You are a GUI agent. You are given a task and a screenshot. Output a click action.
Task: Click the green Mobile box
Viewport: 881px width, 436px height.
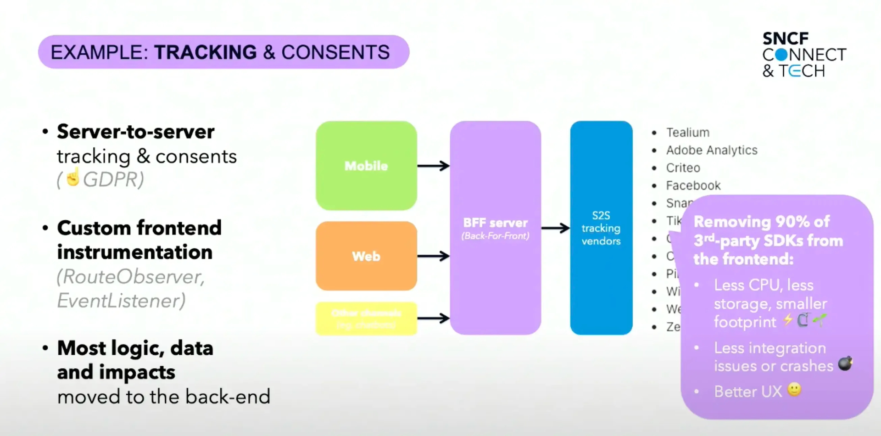coord(366,166)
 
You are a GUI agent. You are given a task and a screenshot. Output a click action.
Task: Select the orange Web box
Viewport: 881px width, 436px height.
coord(366,256)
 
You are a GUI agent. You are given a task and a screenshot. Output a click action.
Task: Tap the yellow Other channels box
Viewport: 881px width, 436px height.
coord(366,319)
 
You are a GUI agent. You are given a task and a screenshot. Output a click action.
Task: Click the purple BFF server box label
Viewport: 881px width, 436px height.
coord(495,224)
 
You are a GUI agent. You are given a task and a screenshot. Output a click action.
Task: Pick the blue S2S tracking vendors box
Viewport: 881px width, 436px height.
coord(601,228)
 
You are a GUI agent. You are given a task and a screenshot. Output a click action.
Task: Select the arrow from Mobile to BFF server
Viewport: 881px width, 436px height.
coord(433,166)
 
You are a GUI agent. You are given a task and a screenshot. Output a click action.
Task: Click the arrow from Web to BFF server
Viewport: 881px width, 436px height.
coord(433,256)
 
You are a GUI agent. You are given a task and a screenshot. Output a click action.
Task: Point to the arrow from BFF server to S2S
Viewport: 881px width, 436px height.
coord(555,228)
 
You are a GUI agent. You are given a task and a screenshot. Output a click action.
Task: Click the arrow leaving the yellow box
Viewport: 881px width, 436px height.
coord(433,318)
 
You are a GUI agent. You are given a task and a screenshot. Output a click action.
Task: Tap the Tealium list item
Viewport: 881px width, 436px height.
coord(687,133)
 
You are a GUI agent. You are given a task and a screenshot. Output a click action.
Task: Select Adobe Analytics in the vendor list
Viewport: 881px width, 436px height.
coord(711,151)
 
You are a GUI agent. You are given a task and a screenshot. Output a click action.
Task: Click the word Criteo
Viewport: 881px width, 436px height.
coord(683,168)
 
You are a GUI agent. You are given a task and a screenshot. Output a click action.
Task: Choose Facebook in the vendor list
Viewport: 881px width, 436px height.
coord(693,186)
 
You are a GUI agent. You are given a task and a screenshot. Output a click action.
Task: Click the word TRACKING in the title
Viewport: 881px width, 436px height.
coord(205,52)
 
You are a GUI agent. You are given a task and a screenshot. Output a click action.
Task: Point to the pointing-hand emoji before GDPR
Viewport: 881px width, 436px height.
coord(73,177)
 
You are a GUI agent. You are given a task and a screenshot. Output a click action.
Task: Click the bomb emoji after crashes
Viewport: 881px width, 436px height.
coord(845,363)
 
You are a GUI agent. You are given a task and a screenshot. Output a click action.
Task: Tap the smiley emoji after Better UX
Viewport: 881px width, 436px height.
coord(794,390)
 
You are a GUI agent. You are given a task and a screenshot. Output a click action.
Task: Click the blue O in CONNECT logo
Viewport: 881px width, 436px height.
coord(781,55)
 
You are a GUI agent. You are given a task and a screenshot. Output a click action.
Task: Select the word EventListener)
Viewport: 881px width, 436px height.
coord(121,301)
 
